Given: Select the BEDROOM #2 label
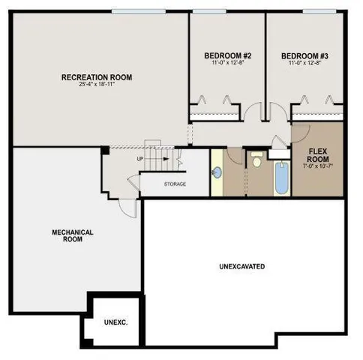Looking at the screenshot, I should coord(226,55).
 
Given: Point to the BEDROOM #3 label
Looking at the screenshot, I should coord(304,55).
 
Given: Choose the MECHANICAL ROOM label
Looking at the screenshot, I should coord(73,236).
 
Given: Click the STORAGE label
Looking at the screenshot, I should coord(175,184).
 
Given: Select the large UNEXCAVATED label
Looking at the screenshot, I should coord(241,266).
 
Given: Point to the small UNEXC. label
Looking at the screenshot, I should coord(115,322).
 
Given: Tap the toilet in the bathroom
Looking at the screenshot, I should coord(256,160).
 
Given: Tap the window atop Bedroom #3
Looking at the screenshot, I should coord(318,11).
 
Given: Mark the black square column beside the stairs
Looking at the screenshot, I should coord(106,151).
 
